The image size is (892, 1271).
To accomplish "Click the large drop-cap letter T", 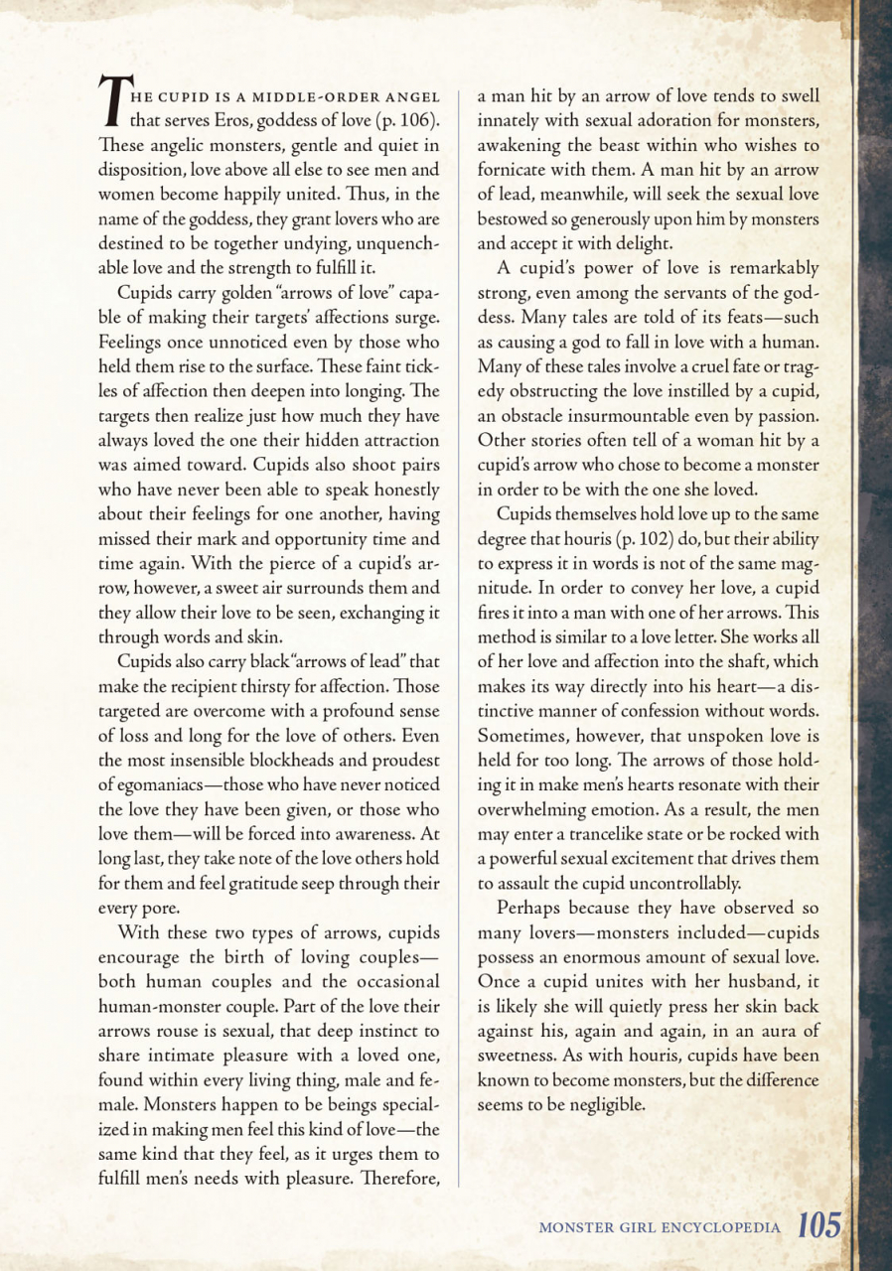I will coord(111,103).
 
